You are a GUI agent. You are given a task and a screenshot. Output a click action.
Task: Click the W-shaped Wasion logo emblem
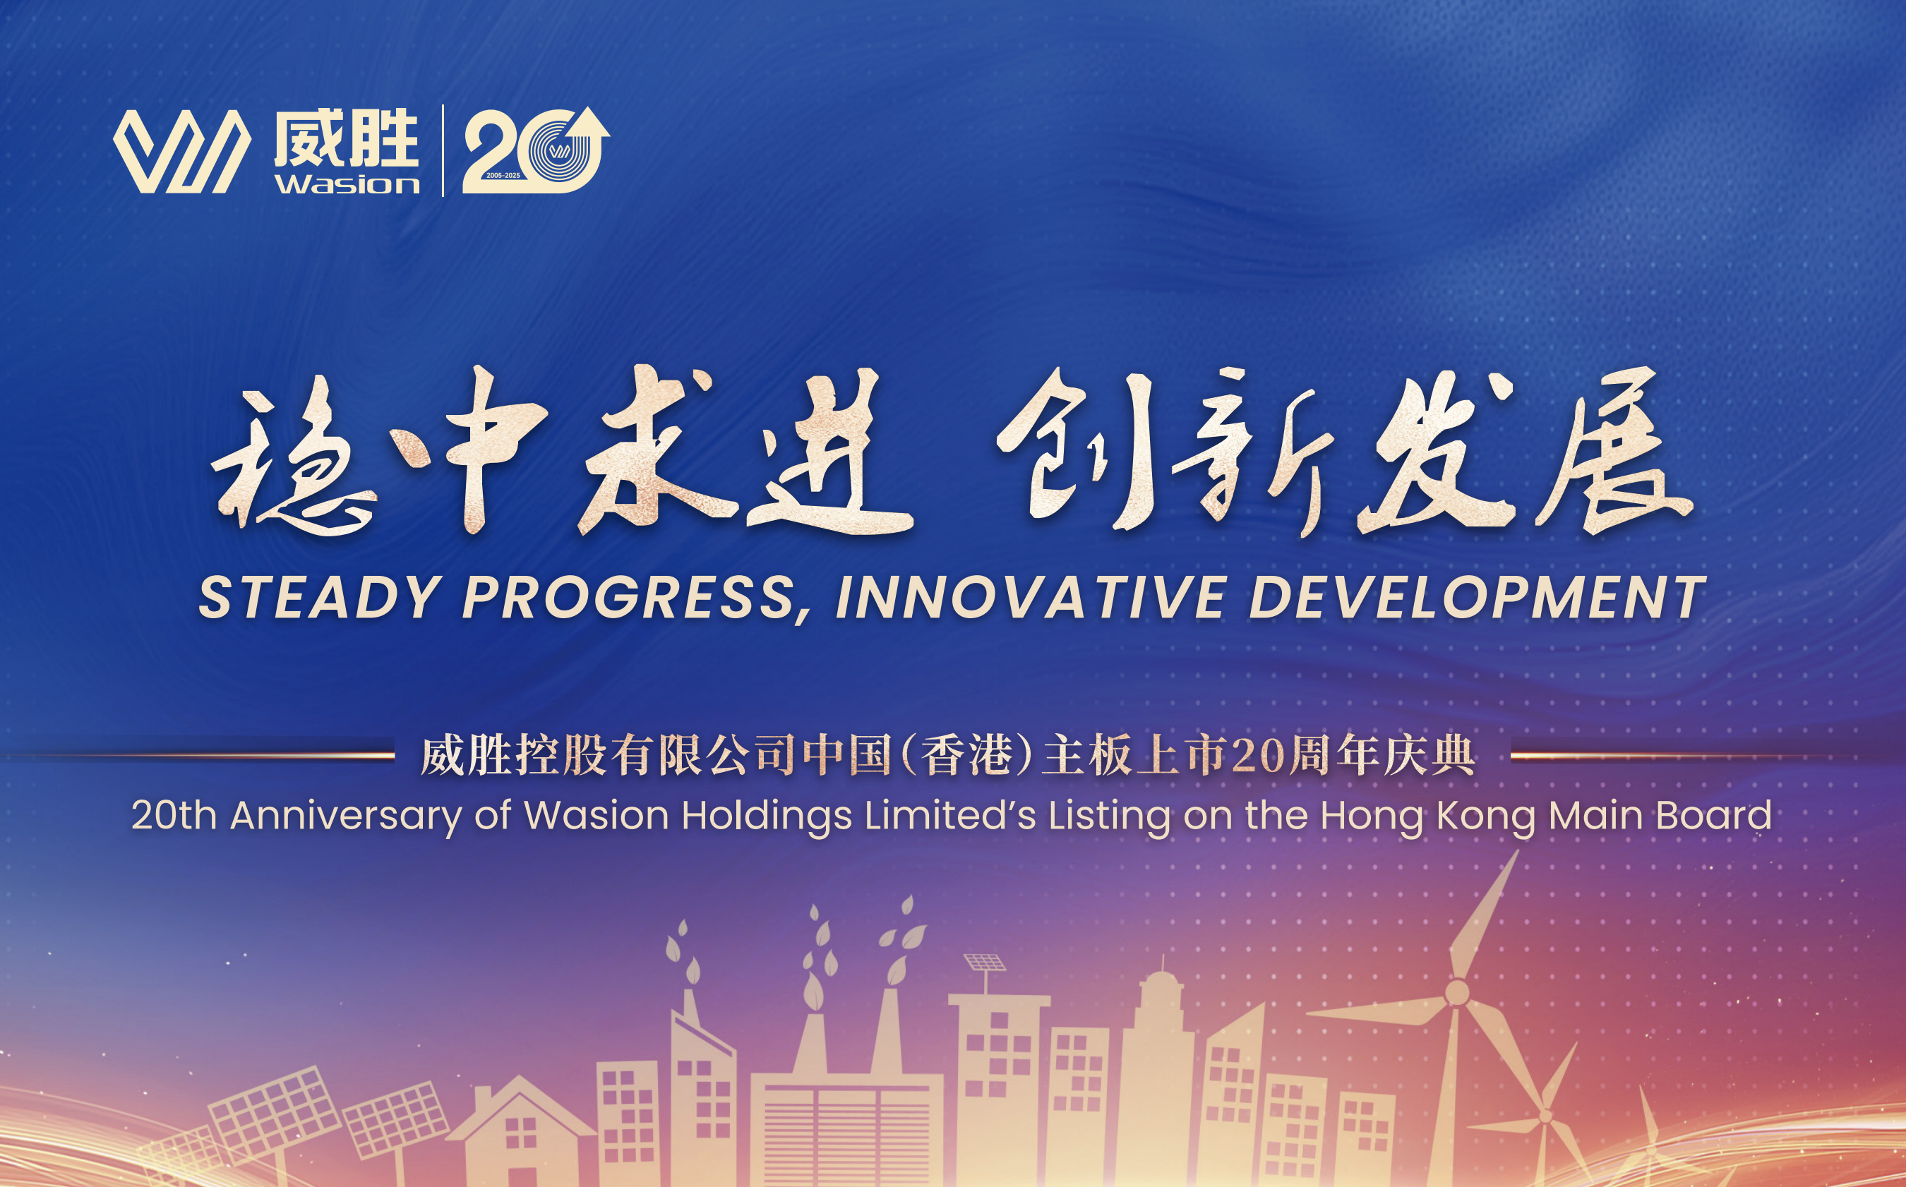(182, 151)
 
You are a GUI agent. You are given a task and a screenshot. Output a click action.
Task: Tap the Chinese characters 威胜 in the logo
(345, 138)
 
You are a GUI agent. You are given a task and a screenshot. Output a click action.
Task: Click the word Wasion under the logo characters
(347, 183)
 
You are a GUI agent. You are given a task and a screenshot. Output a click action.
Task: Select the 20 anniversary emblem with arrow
(536, 150)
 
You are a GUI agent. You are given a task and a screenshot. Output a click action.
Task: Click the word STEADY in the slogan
(319, 598)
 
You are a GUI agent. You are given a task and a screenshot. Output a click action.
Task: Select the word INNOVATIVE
(1031, 598)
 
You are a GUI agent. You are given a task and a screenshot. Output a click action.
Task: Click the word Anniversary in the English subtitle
(347, 817)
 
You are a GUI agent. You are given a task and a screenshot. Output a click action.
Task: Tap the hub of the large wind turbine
(1458, 992)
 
